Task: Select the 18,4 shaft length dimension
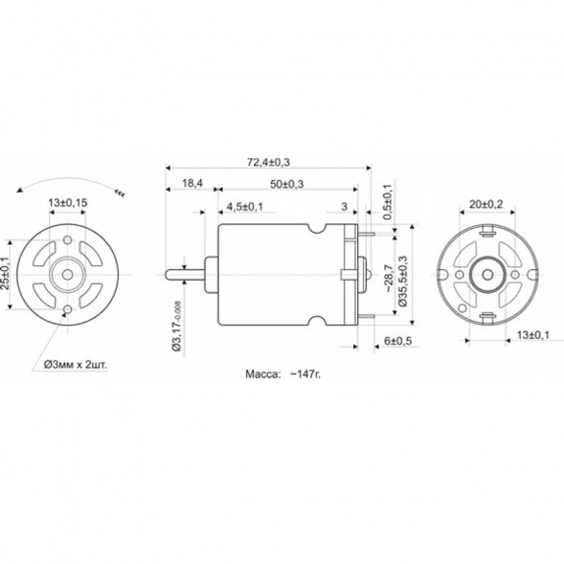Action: coord(191,183)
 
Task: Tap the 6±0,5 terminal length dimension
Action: coord(397,340)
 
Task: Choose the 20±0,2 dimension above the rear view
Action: coord(486,204)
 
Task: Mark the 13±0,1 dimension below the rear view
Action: coord(531,334)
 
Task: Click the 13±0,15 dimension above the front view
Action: coord(68,202)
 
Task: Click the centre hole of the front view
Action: coord(67,272)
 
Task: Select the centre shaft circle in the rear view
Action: coord(486,274)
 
